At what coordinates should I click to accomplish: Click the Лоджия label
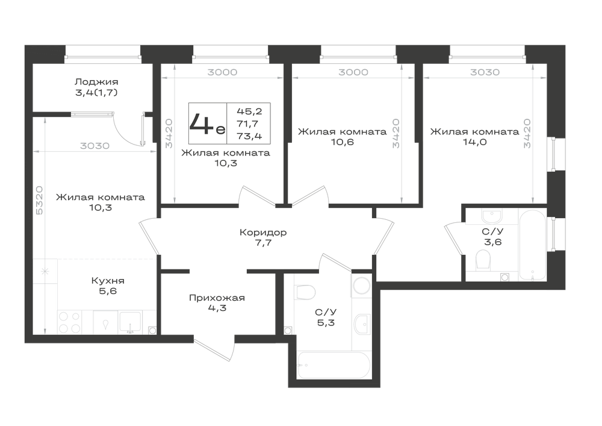[96, 82]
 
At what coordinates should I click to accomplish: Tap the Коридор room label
[263, 233]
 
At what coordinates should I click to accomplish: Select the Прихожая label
[217, 298]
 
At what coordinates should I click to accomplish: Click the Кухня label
[108, 281]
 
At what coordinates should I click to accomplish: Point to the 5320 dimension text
[39, 201]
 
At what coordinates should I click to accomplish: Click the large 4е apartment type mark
[207, 124]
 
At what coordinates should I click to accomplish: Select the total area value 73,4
[250, 136]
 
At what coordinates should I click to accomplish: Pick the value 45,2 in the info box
[250, 111]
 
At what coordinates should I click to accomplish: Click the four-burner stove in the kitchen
[70, 322]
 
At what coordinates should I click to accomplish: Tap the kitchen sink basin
[130, 322]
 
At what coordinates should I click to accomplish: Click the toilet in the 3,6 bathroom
[483, 260]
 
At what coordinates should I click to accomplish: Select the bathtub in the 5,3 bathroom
[334, 365]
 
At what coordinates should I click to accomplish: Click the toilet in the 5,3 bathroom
[306, 292]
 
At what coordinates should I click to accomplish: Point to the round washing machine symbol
[361, 286]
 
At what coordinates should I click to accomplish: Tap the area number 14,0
[475, 142]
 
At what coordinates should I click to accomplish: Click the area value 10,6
[343, 142]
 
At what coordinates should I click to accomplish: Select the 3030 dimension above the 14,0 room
[485, 72]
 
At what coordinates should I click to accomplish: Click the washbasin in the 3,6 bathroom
[492, 216]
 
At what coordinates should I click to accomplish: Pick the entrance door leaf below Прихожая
[214, 350]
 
